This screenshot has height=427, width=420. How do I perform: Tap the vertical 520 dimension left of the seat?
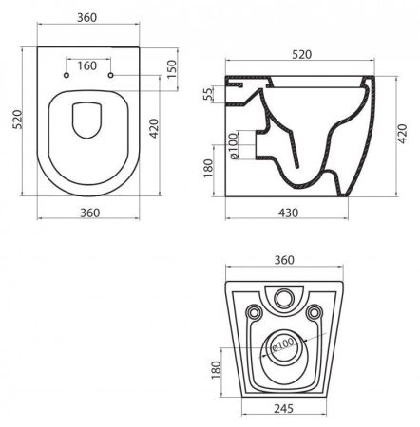(12, 122)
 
